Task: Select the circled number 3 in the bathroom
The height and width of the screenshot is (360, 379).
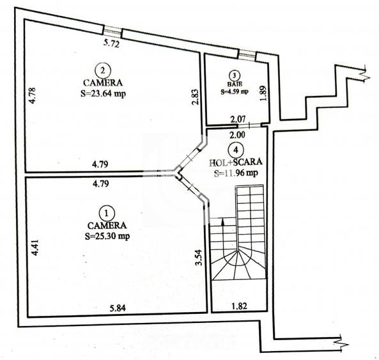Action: tap(235, 75)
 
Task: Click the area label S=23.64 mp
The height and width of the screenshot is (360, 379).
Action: tap(104, 93)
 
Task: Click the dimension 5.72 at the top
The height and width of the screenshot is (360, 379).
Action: tap(113, 44)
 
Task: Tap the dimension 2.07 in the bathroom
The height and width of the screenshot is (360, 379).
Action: tap(237, 119)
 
